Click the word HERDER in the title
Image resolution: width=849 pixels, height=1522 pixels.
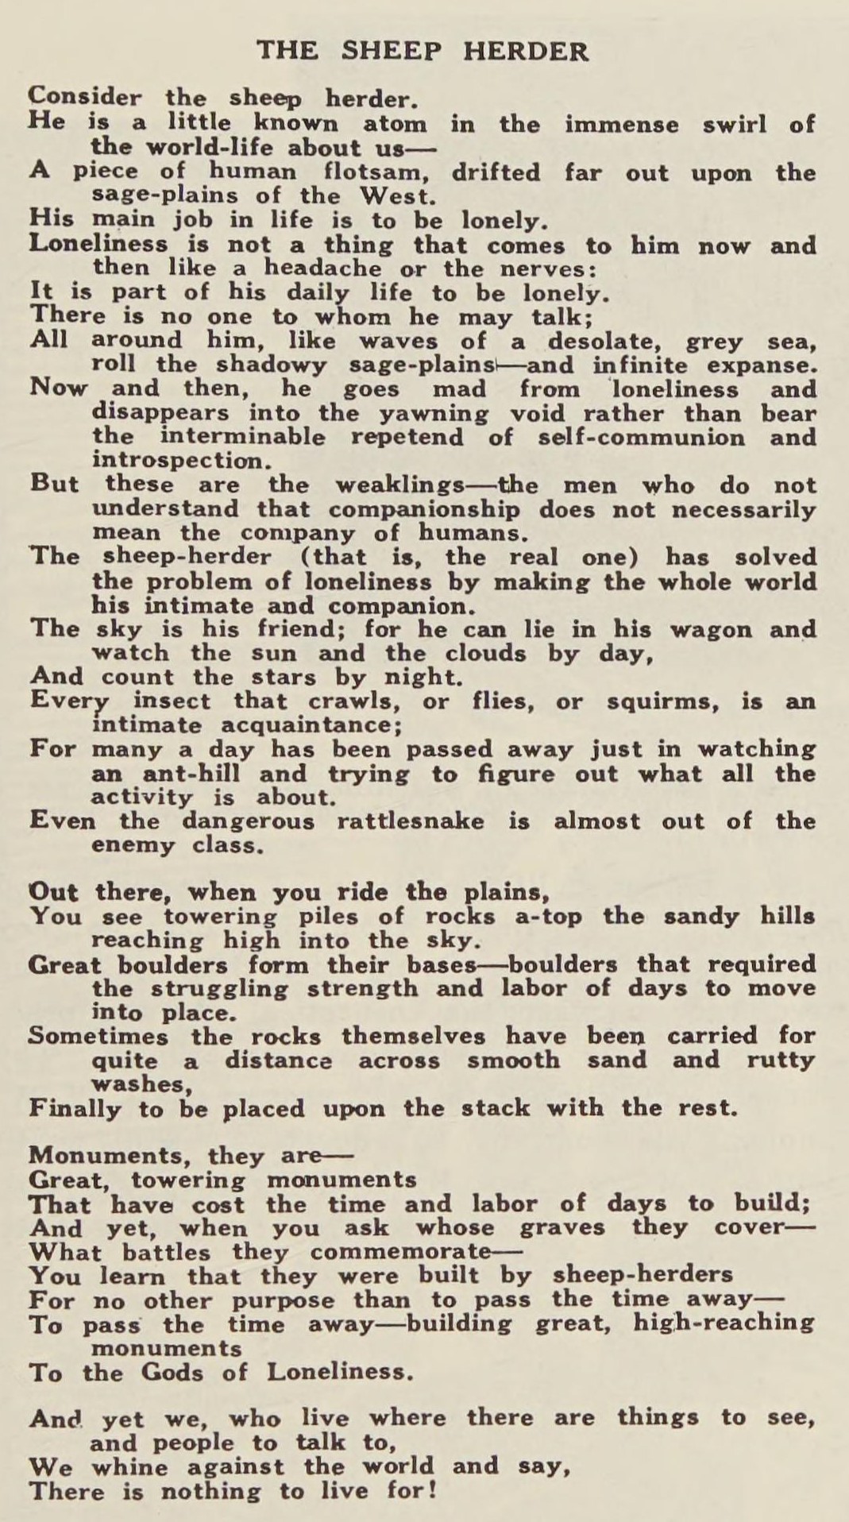click(x=526, y=52)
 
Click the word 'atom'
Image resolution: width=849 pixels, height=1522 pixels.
click(x=395, y=125)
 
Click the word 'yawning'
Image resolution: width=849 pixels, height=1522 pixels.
click(x=434, y=414)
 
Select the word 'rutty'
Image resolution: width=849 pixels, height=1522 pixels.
click(x=781, y=1060)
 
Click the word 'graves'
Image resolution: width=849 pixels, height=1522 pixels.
click(x=561, y=1228)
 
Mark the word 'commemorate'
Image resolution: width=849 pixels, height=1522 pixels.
click(x=400, y=1253)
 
